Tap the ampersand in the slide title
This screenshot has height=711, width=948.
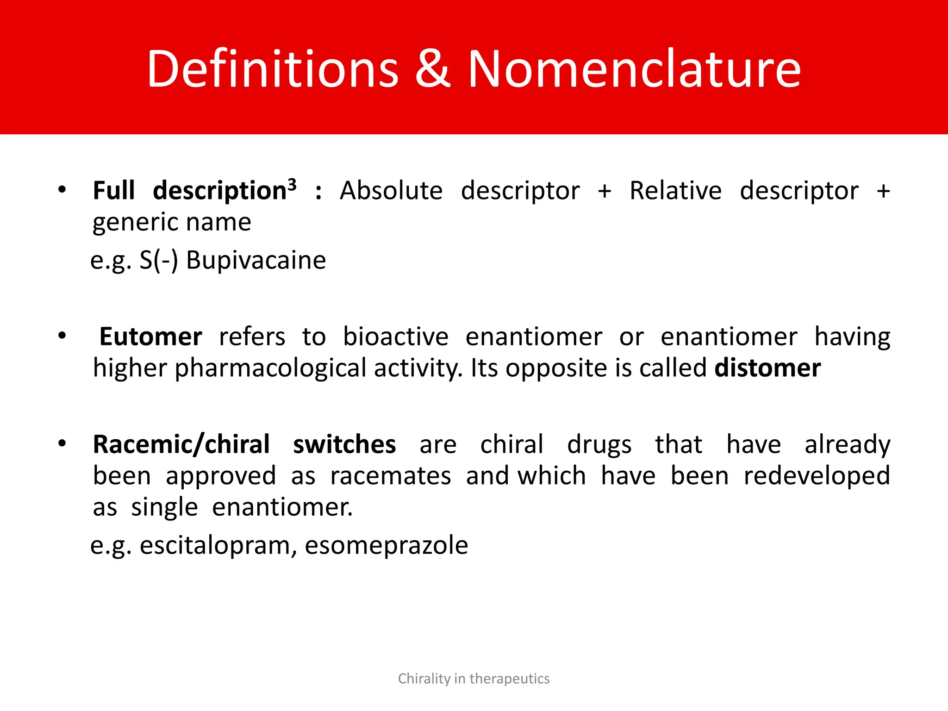432,69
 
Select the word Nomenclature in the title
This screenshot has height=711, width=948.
634,69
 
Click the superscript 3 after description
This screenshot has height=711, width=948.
292,185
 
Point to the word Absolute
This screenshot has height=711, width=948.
391,191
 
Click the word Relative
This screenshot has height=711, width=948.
675,191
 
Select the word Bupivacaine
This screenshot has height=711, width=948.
256,260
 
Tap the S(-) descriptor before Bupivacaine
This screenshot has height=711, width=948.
159,260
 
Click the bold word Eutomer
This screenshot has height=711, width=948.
150,337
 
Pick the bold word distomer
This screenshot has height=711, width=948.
767,368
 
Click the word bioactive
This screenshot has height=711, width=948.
396,337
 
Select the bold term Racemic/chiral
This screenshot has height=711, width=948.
181,445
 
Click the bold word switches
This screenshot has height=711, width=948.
344,445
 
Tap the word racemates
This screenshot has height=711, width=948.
390,476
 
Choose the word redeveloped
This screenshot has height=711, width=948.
817,476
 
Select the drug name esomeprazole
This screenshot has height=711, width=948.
387,545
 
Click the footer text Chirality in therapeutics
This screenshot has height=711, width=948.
474,679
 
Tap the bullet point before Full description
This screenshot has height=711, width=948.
62,190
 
